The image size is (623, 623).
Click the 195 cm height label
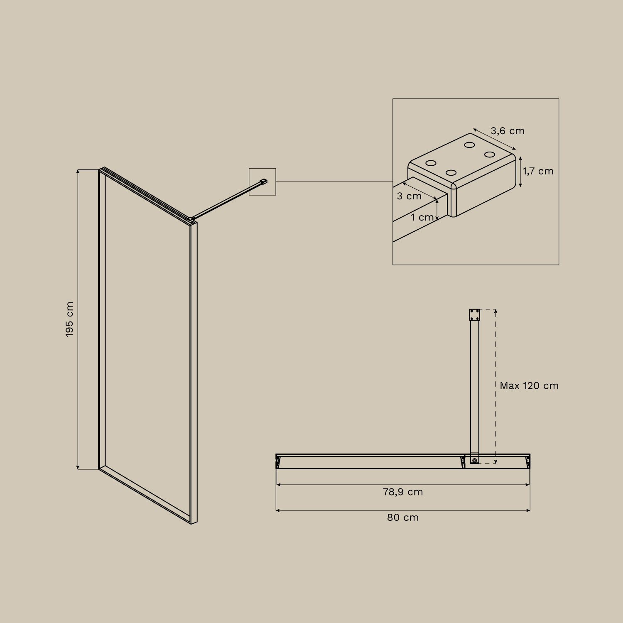[69, 319]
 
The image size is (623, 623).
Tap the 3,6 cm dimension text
[508, 131]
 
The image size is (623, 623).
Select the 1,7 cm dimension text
[538, 171]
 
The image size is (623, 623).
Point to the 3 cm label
[409, 196]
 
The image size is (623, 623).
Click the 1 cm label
[422, 217]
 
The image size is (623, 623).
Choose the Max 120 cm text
[529, 386]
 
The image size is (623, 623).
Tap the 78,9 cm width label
[403, 492]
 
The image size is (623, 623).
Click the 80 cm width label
[403, 518]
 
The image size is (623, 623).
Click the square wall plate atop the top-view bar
[474, 315]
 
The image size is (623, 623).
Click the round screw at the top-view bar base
[474, 460]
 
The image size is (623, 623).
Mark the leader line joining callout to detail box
[334, 182]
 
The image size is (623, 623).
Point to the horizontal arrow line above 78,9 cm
[403, 484]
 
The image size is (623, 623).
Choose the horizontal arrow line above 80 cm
[403, 510]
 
